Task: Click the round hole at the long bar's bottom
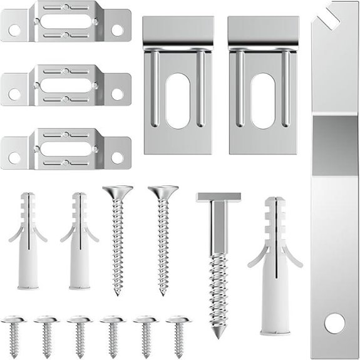(x=334, y=323)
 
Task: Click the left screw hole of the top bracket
(x=14, y=29)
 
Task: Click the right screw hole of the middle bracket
(x=117, y=94)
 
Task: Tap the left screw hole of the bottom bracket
(x=14, y=158)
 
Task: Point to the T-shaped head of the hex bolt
(x=218, y=197)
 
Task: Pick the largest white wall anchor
(x=275, y=263)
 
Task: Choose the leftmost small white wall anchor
(x=27, y=241)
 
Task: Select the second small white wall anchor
(x=79, y=241)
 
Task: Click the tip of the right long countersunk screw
(x=162, y=292)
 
